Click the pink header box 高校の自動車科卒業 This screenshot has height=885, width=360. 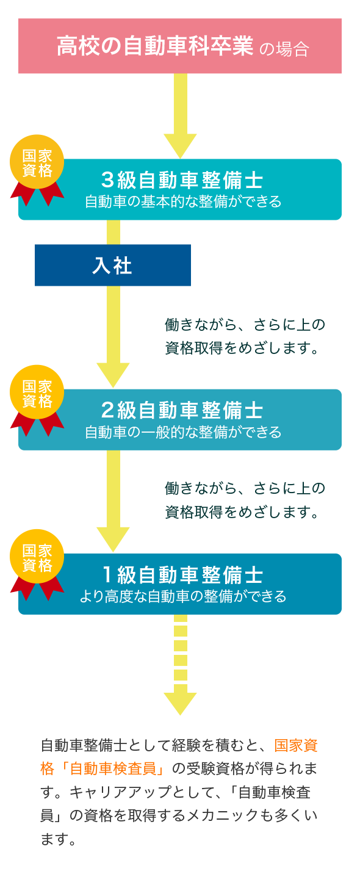(x=180, y=46)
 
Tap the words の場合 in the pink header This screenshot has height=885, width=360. (x=284, y=49)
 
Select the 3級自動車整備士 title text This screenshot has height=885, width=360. (x=182, y=180)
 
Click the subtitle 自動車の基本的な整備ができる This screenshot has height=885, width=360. (x=183, y=201)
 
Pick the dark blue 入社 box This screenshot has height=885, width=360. (x=113, y=265)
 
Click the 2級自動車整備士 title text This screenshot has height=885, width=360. (x=182, y=410)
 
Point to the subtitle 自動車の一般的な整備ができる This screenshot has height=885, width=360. (x=183, y=432)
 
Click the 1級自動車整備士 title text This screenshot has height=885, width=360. (x=182, y=574)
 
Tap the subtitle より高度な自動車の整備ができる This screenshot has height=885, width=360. (x=183, y=596)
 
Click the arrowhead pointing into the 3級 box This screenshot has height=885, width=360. (x=180, y=145)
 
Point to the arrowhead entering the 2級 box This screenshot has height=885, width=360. (x=113, y=374)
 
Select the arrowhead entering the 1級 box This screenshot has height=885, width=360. (x=113, y=538)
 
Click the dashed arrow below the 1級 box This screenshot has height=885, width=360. (x=180, y=665)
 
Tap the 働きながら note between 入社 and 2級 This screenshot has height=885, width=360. (x=245, y=336)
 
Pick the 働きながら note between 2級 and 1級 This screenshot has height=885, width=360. (x=245, y=500)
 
